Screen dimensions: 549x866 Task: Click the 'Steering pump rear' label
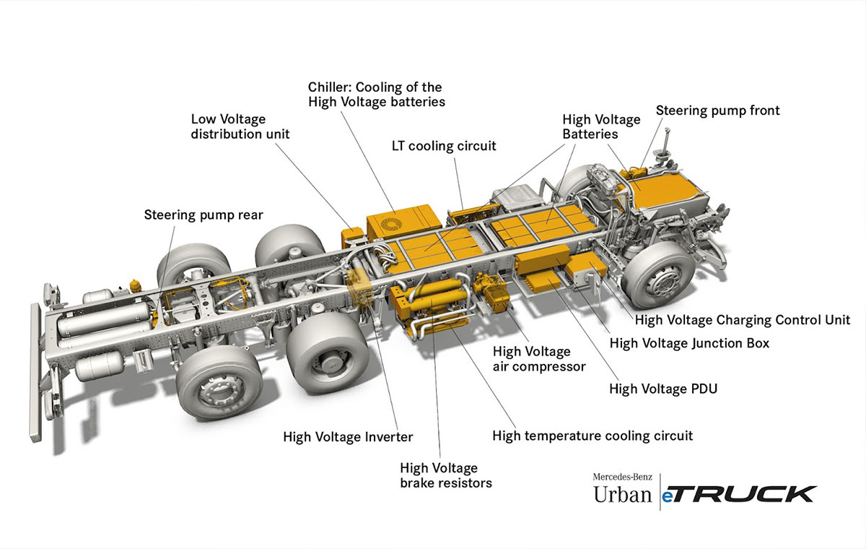(x=204, y=215)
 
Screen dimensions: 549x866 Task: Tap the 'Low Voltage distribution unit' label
(x=239, y=126)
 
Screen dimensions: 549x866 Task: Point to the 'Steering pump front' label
(x=717, y=111)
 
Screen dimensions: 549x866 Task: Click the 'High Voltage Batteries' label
(x=601, y=126)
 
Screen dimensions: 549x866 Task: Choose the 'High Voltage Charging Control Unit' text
(x=743, y=319)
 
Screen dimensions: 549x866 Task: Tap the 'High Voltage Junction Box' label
(x=689, y=343)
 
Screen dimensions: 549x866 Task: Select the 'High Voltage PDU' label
(x=663, y=389)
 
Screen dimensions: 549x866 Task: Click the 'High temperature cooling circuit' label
(x=592, y=436)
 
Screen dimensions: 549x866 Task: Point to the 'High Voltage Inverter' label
(x=348, y=436)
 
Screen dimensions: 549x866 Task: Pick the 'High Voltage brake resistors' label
(x=446, y=475)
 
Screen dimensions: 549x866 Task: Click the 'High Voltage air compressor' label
(x=538, y=359)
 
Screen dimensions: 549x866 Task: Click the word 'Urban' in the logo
(x=621, y=495)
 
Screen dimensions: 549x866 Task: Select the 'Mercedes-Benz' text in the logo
(x=626, y=477)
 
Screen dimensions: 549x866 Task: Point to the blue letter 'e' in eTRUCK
(x=670, y=496)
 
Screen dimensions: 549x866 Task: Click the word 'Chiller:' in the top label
(x=332, y=87)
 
